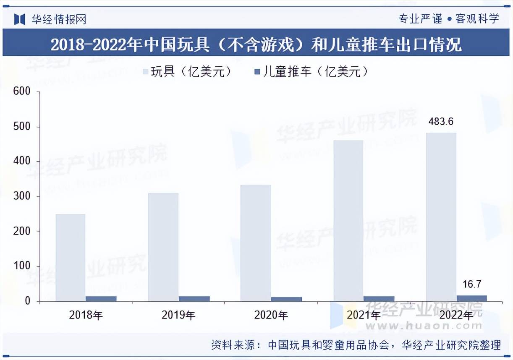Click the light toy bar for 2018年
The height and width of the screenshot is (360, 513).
(x=70, y=258)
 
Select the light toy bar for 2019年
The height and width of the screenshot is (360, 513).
(x=163, y=247)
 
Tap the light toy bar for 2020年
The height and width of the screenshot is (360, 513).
(x=255, y=243)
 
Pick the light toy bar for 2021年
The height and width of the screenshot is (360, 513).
(x=348, y=221)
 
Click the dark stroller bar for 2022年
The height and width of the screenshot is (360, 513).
(x=472, y=298)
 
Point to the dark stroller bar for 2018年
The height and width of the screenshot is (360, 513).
(x=101, y=299)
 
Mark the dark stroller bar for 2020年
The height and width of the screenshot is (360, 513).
(x=286, y=299)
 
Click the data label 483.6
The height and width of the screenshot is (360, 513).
(x=441, y=122)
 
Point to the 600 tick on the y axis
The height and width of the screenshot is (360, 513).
(x=22, y=91)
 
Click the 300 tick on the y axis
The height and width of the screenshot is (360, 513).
(x=22, y=196)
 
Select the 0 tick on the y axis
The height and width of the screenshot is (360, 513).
(x=27, y=301)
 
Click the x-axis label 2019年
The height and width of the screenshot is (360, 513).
(x=178, y=315)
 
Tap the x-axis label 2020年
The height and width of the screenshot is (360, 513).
(x=271, y=315)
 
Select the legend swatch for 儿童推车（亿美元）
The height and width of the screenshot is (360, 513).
(x=257, y=72)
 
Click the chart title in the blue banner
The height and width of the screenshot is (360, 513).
(x=256, y=44)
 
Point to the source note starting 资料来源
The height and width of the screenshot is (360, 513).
(x=356, y=345)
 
